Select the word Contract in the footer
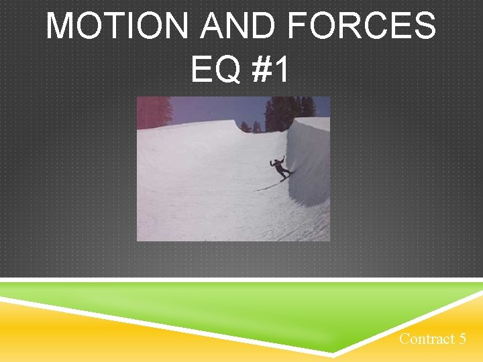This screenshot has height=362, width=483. [427, 339]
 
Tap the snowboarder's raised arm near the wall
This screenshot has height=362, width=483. [282, 159]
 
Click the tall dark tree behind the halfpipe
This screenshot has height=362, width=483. [282, 113]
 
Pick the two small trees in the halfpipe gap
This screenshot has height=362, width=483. [252, 127]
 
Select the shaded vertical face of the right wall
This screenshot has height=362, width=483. [309, 168]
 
